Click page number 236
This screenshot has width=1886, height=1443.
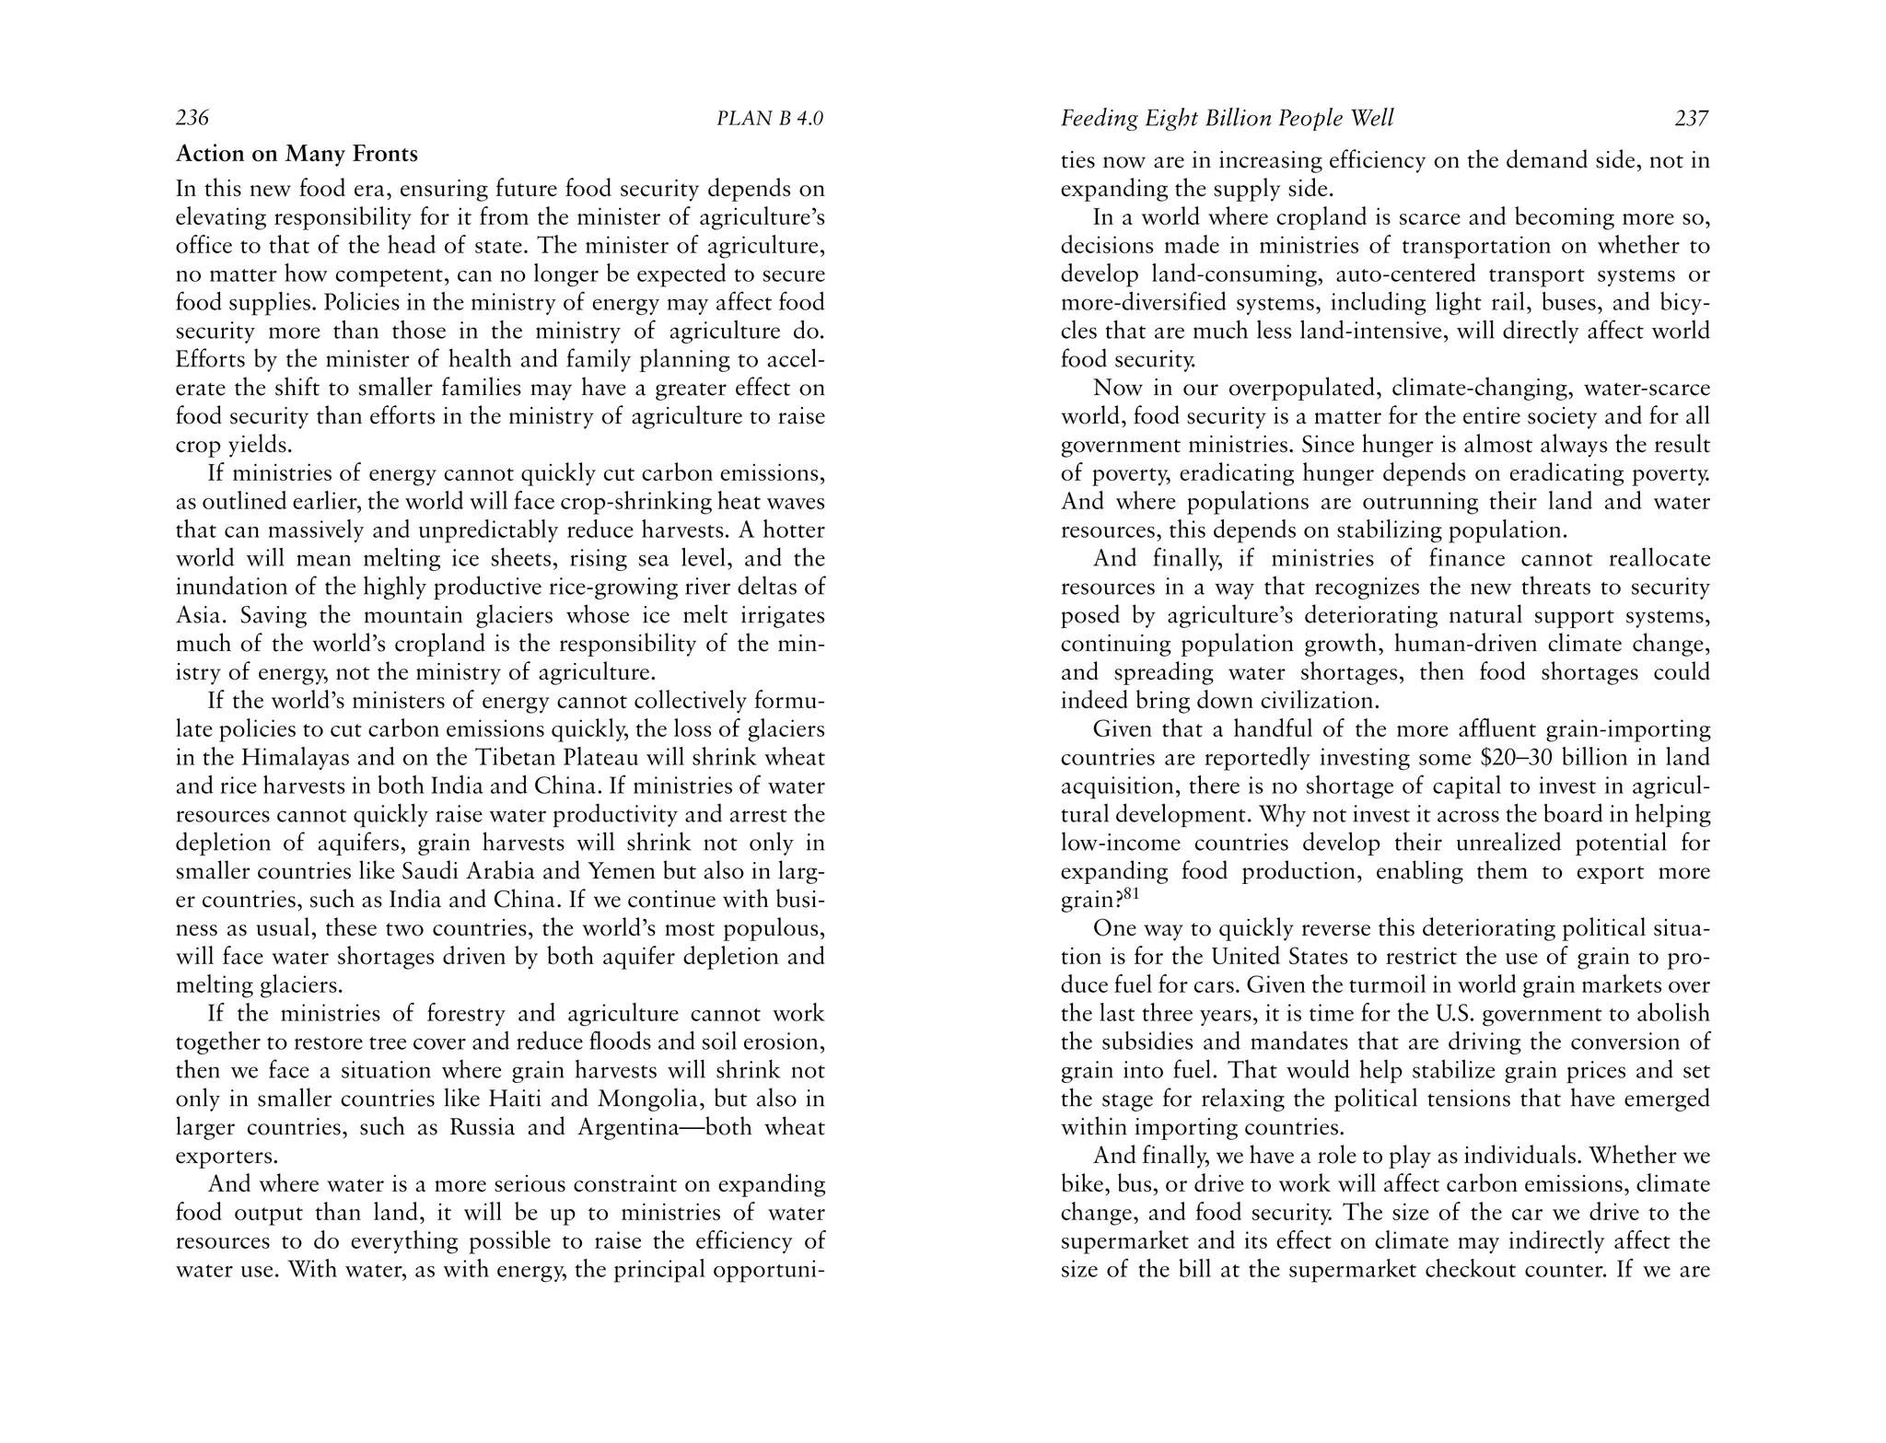point(192,119)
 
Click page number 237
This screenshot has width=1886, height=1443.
point(1692,119)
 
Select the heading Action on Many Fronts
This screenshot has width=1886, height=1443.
point(297,154)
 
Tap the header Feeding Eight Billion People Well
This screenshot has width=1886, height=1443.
point(1227,119)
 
